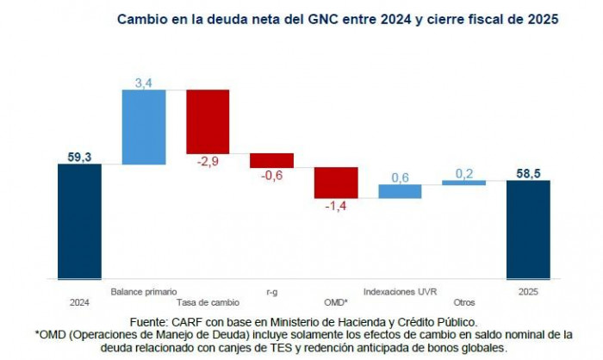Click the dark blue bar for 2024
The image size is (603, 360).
tap(79, 221)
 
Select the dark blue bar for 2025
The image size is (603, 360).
tap(527, 229)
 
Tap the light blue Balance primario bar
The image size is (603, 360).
tap(144, 127)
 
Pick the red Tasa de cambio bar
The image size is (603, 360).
tap(208, 121)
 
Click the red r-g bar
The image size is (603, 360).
tap(271, 160)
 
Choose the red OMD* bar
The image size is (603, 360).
tap(336, 183)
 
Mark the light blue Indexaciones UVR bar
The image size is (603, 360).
tap(400, 191)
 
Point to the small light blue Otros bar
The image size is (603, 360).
tap(463, 183)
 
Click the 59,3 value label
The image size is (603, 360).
tap(79, 156)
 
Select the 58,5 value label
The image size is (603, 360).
tap(527, 172)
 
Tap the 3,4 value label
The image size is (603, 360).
tap(144, 82)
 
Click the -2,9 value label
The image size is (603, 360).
tap(208, 162)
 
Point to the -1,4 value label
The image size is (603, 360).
tap(336, 207)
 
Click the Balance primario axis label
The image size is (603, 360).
tap(144, 291)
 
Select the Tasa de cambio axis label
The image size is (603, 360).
tap(208, 302)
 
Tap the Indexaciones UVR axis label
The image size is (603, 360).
tap(400, 291)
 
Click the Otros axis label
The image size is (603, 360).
tap(463, 302)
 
